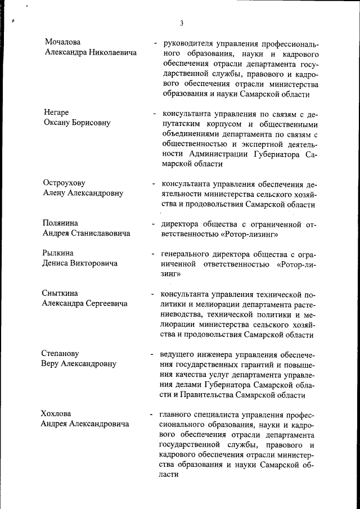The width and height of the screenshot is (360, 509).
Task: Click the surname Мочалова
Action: tap(64, 42)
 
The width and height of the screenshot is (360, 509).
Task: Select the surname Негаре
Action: tap(57, 112)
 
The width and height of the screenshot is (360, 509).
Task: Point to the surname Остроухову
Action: tap(64, 183)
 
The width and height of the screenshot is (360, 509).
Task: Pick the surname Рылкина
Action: tap(60, 253)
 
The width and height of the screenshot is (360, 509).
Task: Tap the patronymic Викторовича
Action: tap(92, 263)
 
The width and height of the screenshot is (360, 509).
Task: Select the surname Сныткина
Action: tap(61, 293)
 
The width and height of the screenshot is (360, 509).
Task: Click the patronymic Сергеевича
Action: tap(106, 304)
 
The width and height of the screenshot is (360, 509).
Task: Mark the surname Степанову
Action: tap(61, 353)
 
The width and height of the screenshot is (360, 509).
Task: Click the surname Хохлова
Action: tap(57, 414)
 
